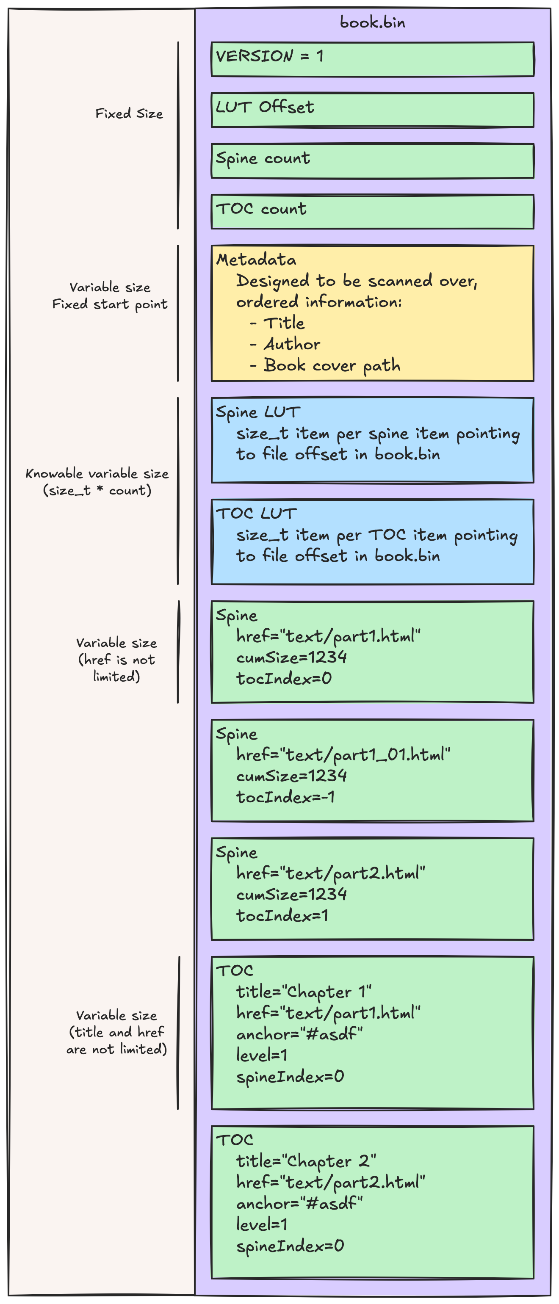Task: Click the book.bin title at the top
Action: point(372,22)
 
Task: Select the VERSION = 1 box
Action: point(372,59)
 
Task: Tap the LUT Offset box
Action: point(372,110)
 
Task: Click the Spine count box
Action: point(372,161)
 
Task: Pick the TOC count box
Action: point(372,212)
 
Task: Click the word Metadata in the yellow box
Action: point(256,260)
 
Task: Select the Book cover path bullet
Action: point(331,365)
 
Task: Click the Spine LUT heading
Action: point(258,412)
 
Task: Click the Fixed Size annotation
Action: point(129,113)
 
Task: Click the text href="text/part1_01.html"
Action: point(343,755)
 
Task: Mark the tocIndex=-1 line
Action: point(285,797)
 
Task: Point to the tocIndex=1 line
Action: point(282,916)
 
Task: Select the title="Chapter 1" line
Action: point(304,992)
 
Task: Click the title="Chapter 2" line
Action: point(306,1161)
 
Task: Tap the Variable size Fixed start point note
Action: point(110,296)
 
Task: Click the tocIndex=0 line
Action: point(284,678)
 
